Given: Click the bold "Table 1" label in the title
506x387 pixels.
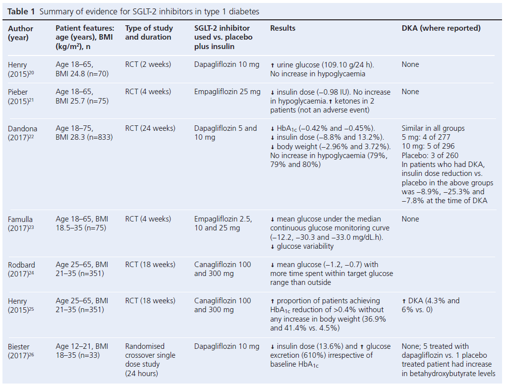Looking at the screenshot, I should tap(21, 11).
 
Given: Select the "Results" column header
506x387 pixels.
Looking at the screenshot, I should tap(282, 28).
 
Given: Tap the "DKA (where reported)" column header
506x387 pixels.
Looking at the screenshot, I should tap(441, 28).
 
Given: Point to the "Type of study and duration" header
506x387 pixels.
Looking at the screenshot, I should tap(148, 33).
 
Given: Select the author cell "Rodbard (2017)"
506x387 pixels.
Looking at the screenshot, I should tap(22, 269).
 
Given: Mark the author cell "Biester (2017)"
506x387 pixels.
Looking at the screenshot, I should tap(20, 351).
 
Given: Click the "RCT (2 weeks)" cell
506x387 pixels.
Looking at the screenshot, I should tap(148, 64).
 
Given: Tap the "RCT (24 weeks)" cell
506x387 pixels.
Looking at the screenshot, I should tap(150, 128).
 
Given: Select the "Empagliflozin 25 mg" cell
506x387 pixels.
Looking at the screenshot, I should tap(227, 92).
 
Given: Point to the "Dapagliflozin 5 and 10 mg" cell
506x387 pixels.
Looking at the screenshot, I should tap(225, 133).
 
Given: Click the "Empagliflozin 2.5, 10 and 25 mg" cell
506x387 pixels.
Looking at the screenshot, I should tap(223, 223).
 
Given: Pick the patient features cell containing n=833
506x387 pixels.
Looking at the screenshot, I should tap(84, 133).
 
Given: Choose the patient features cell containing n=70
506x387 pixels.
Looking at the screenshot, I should tap(82, 69).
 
